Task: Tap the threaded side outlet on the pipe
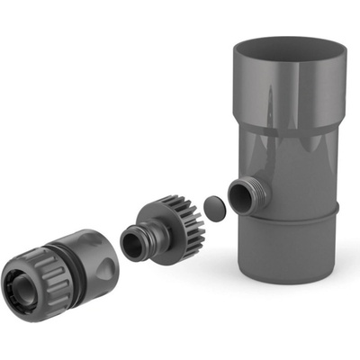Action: point(242,195)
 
